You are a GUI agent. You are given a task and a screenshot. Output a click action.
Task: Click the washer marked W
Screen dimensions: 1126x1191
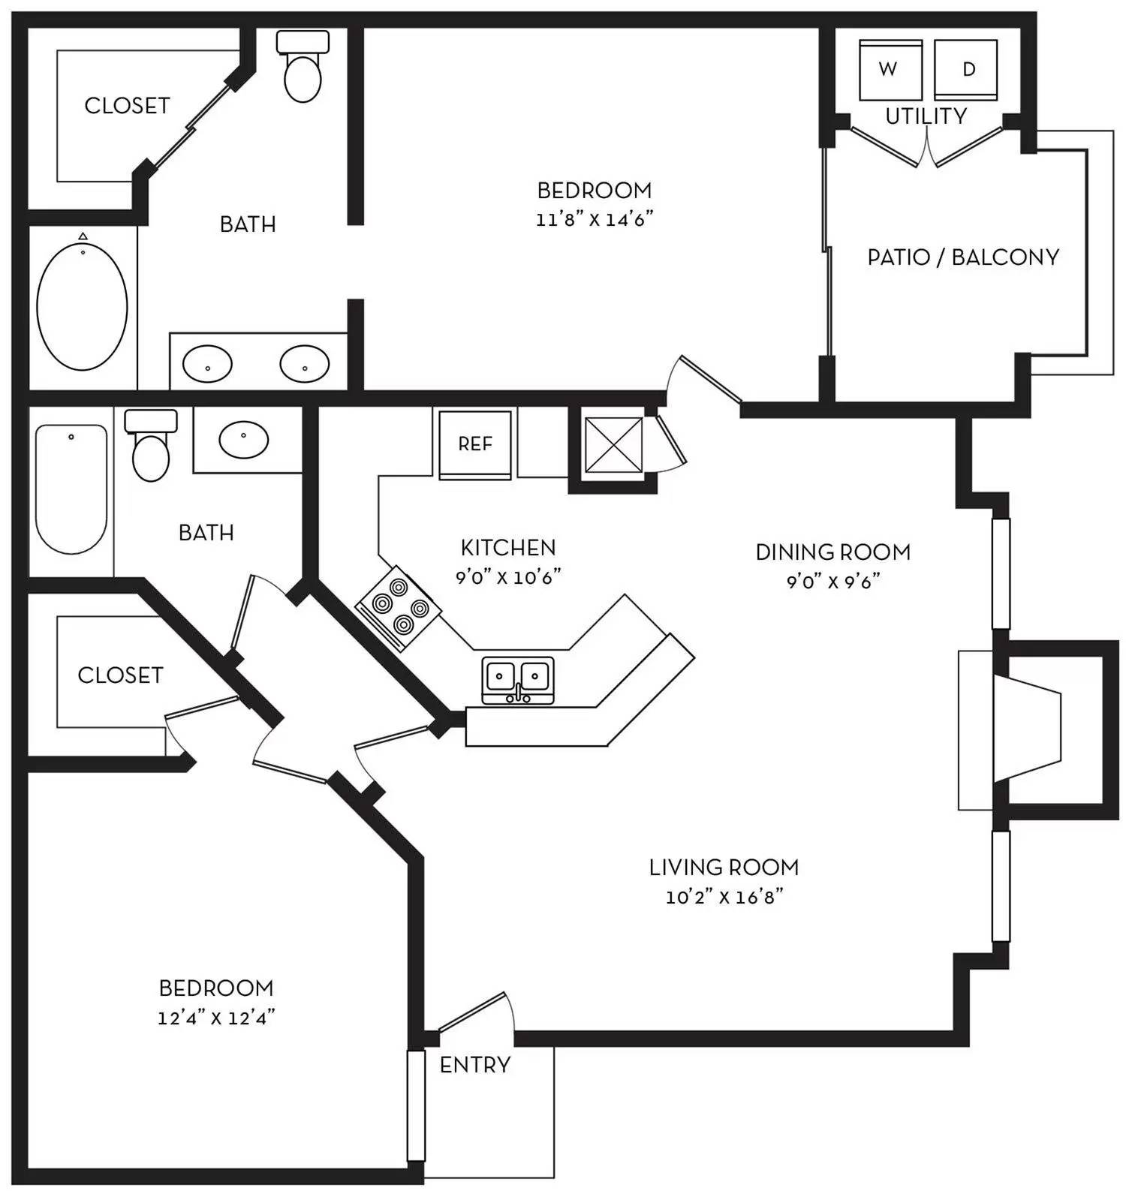[890, 70]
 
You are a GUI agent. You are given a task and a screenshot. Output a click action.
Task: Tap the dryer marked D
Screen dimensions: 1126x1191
[966, 70]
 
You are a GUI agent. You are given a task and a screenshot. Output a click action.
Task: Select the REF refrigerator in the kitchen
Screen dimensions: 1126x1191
[474, 444]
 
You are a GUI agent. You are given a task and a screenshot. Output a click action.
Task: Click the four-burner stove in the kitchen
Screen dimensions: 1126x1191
[398, 608]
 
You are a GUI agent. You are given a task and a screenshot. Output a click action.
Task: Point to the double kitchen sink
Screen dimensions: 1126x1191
[518, 680]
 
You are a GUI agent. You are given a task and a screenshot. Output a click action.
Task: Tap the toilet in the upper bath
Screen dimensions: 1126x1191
[303, 66]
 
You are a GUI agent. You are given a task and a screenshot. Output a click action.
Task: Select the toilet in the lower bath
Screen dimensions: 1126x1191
[151, 445]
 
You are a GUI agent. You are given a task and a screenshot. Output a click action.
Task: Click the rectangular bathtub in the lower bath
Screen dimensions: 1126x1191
[71, 489]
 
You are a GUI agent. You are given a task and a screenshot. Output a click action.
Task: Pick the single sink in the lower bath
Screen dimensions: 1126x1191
[243, 439]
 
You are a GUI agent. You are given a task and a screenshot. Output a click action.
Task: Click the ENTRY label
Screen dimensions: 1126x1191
[475, 1064]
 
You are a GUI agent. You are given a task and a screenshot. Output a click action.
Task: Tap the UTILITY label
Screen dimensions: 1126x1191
[926, 116]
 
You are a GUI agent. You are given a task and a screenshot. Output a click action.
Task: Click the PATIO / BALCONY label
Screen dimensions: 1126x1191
[963, 257]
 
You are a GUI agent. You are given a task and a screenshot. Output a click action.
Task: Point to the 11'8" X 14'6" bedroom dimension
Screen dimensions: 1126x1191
[595, 220]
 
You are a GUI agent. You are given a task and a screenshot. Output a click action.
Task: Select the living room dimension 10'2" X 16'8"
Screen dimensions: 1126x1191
[724, 897]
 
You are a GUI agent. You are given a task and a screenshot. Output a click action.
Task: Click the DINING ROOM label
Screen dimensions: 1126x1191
[833, 552]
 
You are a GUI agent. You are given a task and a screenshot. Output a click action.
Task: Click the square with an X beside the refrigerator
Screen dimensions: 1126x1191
[613, 445]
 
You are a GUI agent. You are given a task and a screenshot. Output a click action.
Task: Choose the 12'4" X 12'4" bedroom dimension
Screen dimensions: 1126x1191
[216, 1018]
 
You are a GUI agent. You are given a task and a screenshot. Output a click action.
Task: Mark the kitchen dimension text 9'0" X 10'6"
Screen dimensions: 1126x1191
[509, 577]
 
